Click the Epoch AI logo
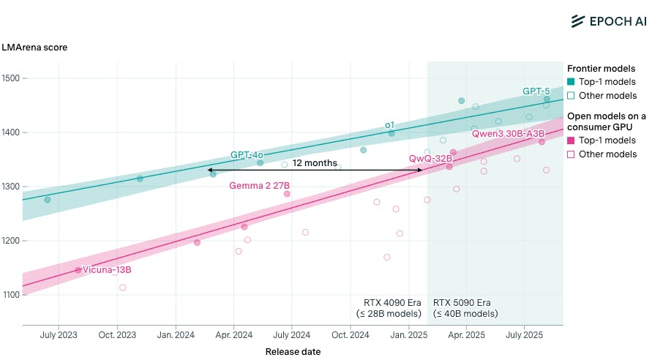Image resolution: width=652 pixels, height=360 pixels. pos(604,21)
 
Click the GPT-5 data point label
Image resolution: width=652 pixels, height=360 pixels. pos(536,91)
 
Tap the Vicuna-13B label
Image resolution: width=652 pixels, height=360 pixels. pos(107,270)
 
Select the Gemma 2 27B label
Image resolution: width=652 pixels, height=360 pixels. pos(260,186)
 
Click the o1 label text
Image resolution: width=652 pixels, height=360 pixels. pos(390,125)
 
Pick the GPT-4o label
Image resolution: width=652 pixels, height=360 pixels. pos(247,155)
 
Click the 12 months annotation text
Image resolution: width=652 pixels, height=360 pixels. pos(315,163)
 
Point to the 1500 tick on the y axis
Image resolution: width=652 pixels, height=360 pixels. pos(12,78)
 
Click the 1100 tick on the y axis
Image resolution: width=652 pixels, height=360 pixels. pos(12,295)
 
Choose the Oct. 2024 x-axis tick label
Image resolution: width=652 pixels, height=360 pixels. pos(350,335)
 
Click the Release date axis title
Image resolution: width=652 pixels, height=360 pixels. pos(292,352)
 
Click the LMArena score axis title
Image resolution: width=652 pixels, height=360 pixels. pos(35,48)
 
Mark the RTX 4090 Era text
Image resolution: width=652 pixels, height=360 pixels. pos(392,302)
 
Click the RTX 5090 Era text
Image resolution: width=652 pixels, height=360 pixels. pos(462,302)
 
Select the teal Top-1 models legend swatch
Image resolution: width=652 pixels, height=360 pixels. pos(572,82)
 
